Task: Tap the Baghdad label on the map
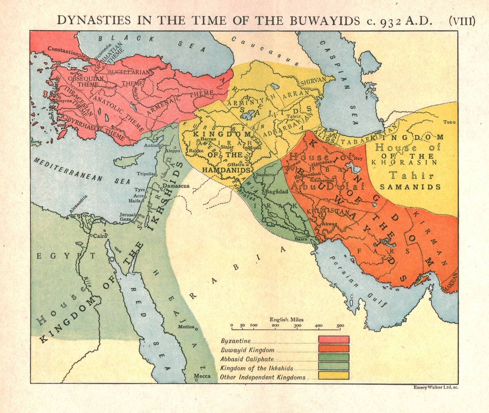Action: pyautogui.click(x=277, y=191)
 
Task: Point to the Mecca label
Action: pyautogui.click(x=202, y=376)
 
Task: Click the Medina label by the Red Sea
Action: pyautogui.click(x=186, y=327)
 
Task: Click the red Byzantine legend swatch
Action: pyautogui.click(x=334, y=340)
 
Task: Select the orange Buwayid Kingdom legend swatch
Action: pyautogui.click(x=334, y=349)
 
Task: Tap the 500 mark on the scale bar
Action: pyautogui.click(x=340, y=326)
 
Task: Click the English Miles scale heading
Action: pyautogui.click(x=286, y=320)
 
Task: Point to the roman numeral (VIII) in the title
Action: pyautogui.click(x=462, y=21)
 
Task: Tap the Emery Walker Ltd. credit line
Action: pyautogui.click(x=436, y=387)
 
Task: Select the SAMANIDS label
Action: pyautogui.click(x=410, y=187)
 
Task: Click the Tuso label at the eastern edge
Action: pyautogui.click(x=449, y=122)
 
